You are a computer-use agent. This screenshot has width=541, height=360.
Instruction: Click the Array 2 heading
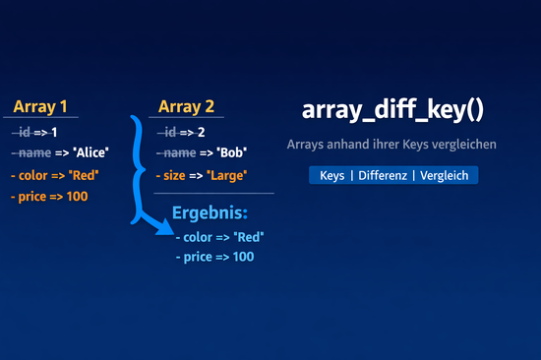click(186, 107)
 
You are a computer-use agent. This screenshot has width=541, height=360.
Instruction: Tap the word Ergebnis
click(210, 212)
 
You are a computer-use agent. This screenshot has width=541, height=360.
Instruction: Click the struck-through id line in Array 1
click(35, 132)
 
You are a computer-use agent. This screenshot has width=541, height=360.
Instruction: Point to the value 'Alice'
click(90, 152)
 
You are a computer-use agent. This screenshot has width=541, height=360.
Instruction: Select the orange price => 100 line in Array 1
click(49, 197)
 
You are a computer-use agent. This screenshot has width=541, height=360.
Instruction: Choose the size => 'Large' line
click(201, 175)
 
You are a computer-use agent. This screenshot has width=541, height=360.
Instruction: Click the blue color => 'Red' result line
click(220, 236)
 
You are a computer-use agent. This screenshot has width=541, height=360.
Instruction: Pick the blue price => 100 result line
click(214, 257)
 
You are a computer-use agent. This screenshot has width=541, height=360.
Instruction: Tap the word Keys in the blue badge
click(333, 175)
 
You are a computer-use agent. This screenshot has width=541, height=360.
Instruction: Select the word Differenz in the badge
click(383, 175)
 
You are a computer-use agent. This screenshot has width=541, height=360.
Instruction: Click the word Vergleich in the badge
click(446, 175)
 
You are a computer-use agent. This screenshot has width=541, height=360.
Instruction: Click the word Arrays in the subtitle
click(307, 145)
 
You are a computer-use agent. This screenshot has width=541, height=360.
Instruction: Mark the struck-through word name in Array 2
click(180, 152)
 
